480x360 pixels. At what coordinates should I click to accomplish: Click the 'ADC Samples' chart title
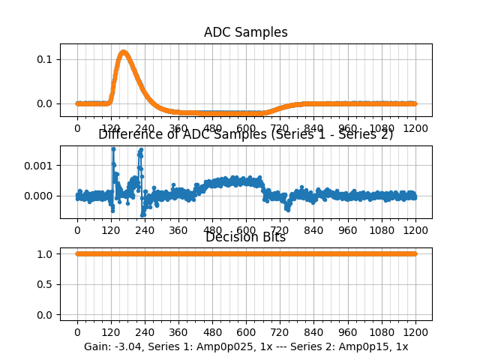pyautogui.click(x=246, y=32)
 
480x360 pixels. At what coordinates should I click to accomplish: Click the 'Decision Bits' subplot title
pyautogui.click(x=246, y=237)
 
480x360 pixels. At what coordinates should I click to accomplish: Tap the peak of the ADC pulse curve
pyautogui.click(x=124, y=52)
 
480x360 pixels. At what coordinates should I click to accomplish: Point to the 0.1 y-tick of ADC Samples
pyautogui.click(x=44, y=59)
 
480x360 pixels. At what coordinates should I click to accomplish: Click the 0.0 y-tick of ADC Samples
pyautogui.click(x=44, y=103)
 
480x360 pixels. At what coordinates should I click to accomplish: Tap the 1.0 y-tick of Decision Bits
pyautogui.click(x=44, y=253)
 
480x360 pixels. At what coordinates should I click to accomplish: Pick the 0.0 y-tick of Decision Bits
pyautogui.click(x=44, y=315)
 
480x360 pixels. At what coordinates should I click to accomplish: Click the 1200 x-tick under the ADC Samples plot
pyautogui.click(x=415, y=128)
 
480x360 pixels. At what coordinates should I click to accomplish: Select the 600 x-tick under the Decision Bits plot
pyautogui.click(x=246, y=332)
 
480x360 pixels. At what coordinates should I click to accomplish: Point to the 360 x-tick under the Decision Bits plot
pyautogui.click(x=178, y=332)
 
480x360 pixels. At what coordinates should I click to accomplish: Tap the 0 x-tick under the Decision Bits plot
pyautogui.click(x=77, y=332)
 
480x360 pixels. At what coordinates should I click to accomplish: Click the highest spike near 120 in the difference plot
pyautogui.click(x=113, y=149)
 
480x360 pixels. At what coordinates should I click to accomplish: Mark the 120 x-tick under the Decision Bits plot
pyautogui.click(x=111, y=332)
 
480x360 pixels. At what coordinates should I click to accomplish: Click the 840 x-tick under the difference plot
pyautogui.click(x=314, y=230)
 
